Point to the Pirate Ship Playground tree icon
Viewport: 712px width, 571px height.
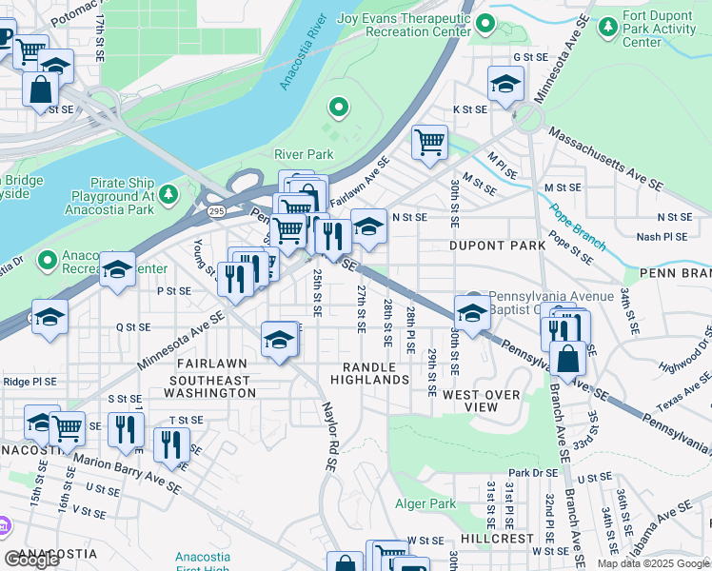(x=168, y=195)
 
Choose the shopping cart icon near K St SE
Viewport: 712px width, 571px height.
(x=429, y=142)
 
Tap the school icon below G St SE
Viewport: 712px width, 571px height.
(x=505, y=83)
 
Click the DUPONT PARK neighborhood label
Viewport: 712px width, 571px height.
(x=497, y=246)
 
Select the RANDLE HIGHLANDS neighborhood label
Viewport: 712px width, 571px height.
(x=369, y=373)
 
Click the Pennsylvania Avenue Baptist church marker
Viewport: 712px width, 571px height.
(x=474, y=298)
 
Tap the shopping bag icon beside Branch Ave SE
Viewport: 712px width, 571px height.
(x=567, y=361)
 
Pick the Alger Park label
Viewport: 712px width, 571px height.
(x=425, y=503)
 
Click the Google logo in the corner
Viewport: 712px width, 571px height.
(x=31, y=560)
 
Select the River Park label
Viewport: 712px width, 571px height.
(x=304, y=154)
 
